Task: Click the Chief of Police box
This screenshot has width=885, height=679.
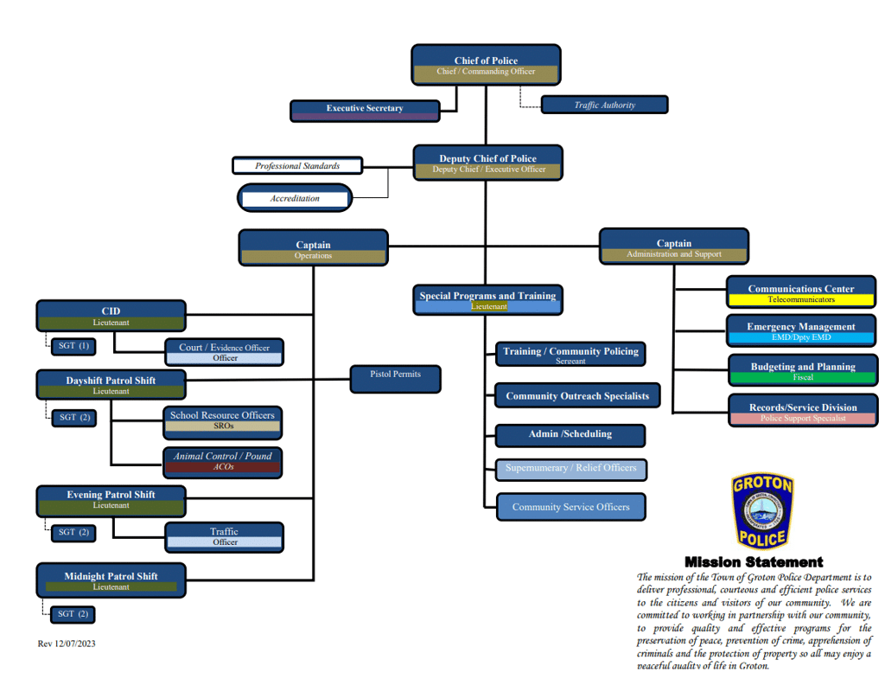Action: pyautogui.click(x=486, y=65)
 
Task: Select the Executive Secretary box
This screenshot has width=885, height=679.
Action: pyautogui.click(x=365, y=109)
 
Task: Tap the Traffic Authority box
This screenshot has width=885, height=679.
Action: pyautogui.click(x=604, y=105)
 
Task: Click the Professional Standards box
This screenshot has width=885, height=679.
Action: pyautogui.click(x=296, y=165)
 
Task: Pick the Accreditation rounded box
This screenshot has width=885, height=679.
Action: pyautogui.click(x=295, y=198)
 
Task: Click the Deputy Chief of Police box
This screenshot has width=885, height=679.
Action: pyautogui.click(x=487, y=163)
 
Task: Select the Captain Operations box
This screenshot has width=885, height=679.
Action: pyautogui.click(x=313, y=248)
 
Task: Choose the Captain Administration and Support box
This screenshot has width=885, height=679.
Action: pyautogui.click(x=673, y=247)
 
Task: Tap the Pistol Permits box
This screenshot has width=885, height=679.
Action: pyautogui.click(x=396, y=379)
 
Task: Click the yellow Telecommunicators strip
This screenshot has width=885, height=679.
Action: pyautogui.click(x=801, y=300)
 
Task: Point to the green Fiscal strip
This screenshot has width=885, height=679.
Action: pyautogui.click(x=803, y=378)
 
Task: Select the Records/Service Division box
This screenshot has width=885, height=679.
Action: pyautogui.click(x=802, y=410)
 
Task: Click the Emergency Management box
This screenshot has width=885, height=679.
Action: pyautogui.click(x=801, y=330)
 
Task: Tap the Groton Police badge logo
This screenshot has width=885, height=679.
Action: pyautogui.click(x=761, y=511)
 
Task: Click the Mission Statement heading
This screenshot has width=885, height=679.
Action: pyautogui.click(x=754, y=562)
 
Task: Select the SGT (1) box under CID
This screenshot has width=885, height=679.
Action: pyautogui.click(x=73, y=346)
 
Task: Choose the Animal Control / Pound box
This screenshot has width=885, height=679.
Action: pyautogui.click(x=222, y=461)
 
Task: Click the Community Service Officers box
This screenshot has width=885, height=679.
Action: pyautogui.click(x=570, y=507)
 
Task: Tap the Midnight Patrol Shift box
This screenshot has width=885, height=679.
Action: pyautogui.click(x=111, y=580)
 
